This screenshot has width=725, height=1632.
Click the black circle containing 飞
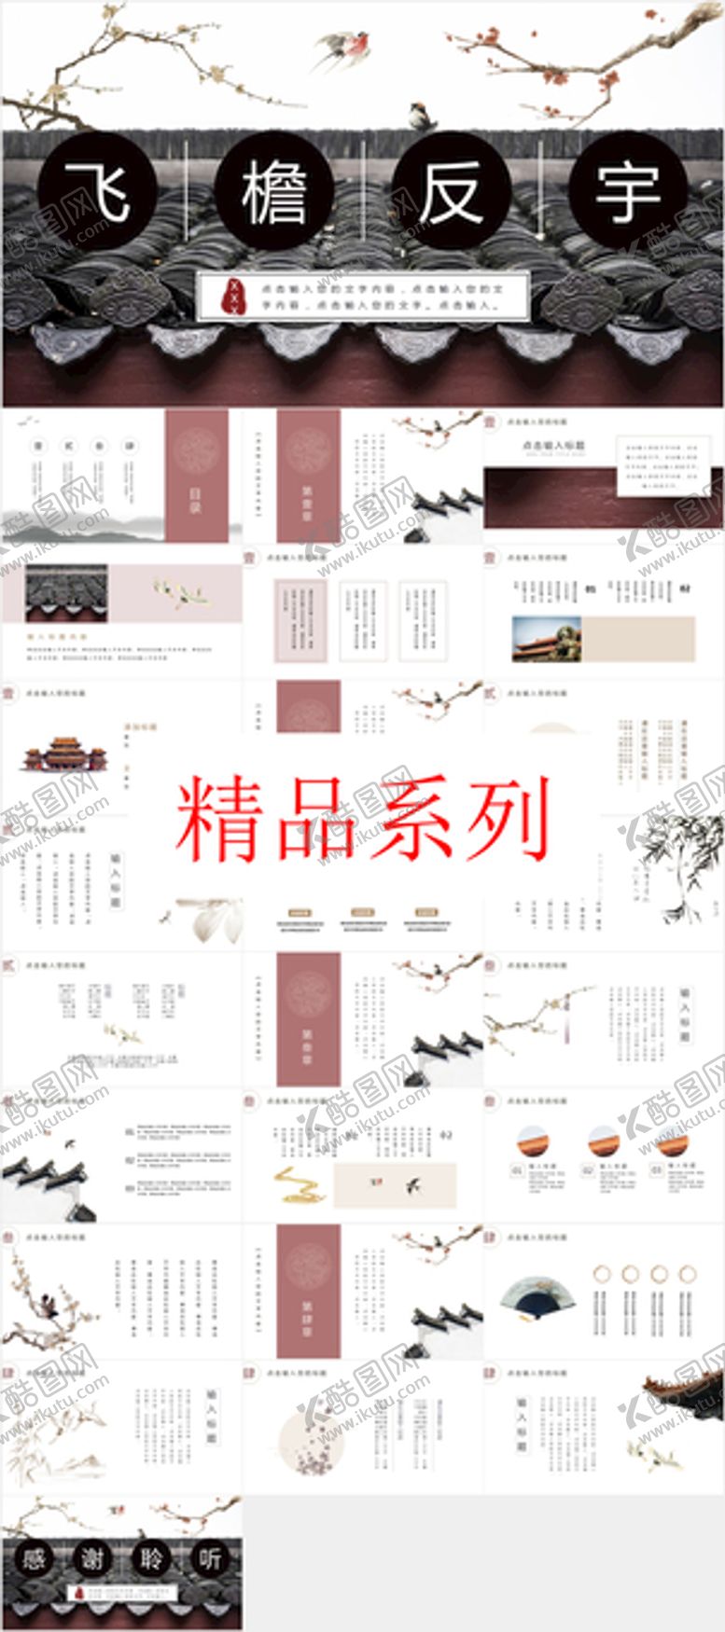point(97,191)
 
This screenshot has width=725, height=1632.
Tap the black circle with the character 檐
point(274,191)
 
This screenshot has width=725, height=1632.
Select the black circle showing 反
point(451,191)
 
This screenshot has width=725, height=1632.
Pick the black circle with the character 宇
point(628,191)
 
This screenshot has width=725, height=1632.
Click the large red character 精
point(217,819)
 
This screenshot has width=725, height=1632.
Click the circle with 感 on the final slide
point(34,1558)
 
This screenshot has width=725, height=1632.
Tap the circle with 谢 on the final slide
point(92,1558)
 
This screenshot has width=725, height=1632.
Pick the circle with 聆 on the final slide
point(151,1558)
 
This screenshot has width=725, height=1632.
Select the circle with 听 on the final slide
point(210,1558)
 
